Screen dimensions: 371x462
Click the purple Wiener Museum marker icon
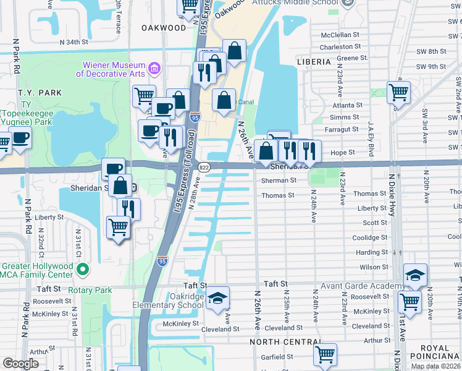coord(154,67)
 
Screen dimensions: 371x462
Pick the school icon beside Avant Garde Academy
coord(416,276)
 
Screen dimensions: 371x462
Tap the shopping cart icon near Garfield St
coord(325,355)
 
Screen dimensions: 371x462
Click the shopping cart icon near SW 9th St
coord(398,93)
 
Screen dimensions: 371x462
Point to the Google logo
coord(20,364)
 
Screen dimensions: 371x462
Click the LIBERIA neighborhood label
coord(318,62)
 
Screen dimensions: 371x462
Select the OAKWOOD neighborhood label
coord(163,28)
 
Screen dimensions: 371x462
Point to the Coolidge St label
coord(369,237)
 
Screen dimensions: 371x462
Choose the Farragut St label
coord(342,129)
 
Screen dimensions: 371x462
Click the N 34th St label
coord(74,42)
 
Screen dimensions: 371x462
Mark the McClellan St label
coord(340,35)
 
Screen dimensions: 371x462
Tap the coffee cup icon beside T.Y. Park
coord(20,137)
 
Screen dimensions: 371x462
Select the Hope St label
coord(343,152)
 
